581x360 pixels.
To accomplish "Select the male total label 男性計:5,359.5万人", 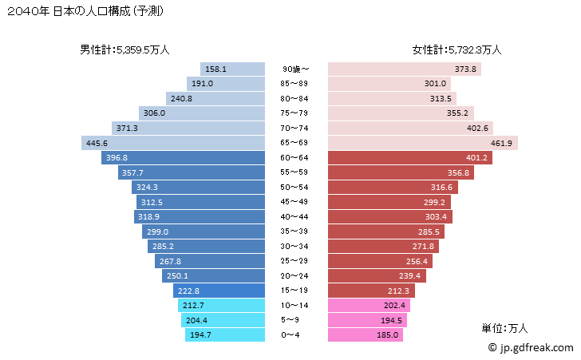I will click(125, 49).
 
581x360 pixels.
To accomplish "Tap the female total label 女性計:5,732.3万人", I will click(457, 49).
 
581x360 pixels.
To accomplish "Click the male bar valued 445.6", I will click(172, 143).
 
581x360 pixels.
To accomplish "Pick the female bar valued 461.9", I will click(423, 143).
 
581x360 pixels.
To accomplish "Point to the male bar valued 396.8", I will click(183, 158).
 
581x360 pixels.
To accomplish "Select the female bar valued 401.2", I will click(408, 158).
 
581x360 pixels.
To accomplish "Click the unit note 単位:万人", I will click(504, 328).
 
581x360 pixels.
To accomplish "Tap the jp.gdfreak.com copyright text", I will click(530, 348).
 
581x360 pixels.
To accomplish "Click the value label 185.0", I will click(389, 335).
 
